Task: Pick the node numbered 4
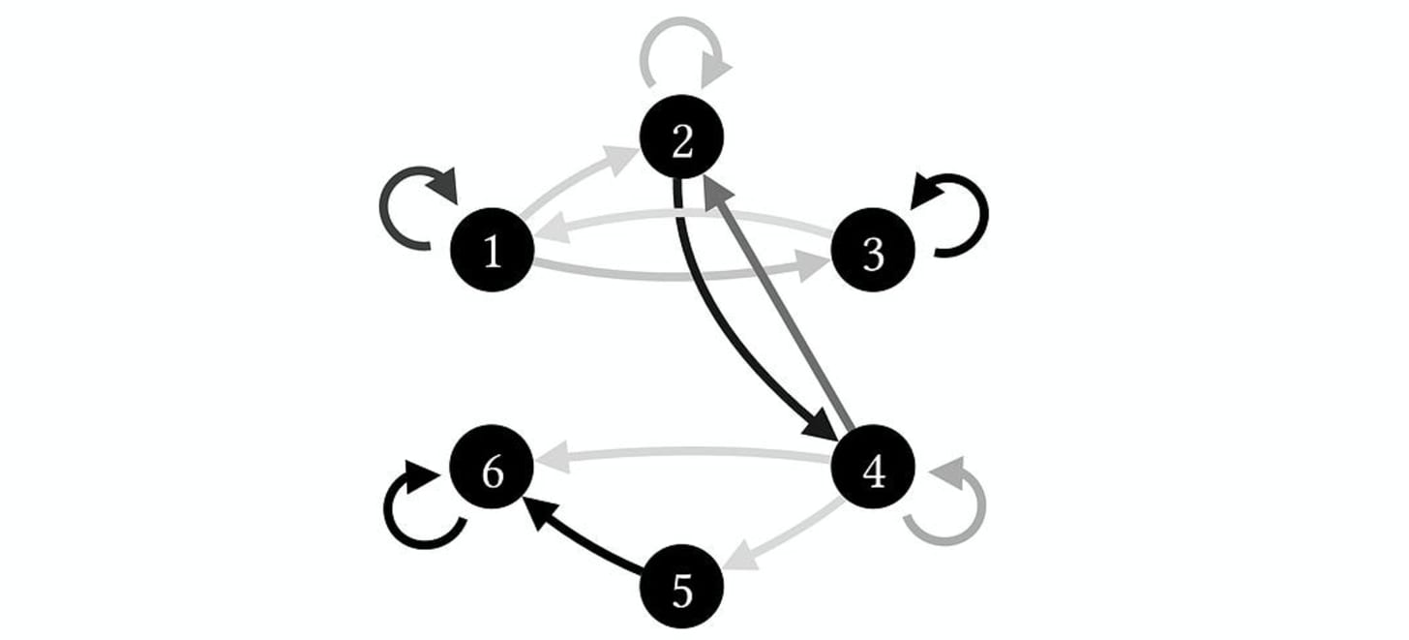point(872,471)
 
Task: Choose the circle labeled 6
point(493,472)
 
